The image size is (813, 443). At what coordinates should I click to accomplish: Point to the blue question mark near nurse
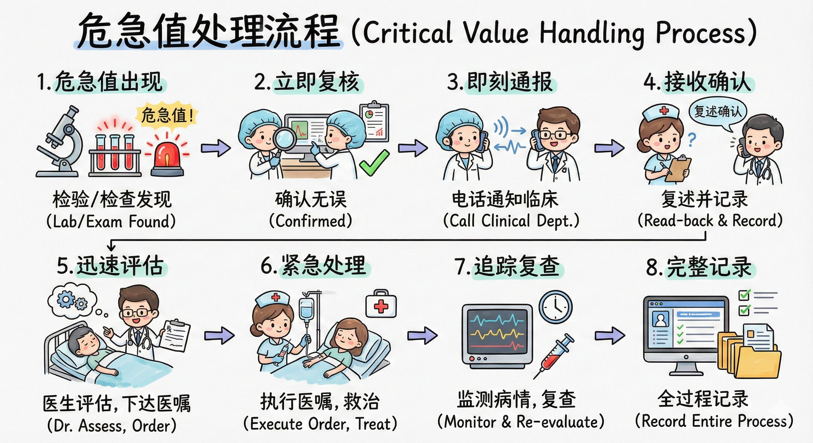point(691,140)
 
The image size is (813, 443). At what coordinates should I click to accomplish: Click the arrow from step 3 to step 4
point(609,148)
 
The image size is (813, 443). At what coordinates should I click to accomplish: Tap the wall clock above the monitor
point(555,307)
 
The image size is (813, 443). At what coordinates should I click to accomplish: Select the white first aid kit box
point(381,305)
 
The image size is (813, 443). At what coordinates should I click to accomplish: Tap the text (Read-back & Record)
point(710,220)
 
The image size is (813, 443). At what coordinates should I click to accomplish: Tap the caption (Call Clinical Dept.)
point(511,220)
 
